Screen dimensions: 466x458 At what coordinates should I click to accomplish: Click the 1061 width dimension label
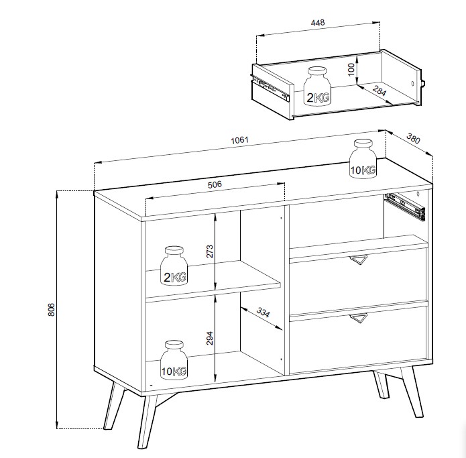[239, 139]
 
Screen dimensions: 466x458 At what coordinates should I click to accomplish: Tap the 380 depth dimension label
[413, 138]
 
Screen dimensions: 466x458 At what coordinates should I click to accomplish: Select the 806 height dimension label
[52, 309]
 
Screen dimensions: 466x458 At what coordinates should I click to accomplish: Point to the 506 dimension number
[215, 184]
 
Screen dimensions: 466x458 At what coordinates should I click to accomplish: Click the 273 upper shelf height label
[210, 251]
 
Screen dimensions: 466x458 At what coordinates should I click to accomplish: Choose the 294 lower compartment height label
[210, 338]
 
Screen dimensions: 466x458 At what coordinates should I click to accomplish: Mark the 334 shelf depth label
[263, 312]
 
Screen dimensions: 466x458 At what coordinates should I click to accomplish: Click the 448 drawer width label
[318, 23]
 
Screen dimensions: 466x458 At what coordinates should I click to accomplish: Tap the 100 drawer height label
[351, 69]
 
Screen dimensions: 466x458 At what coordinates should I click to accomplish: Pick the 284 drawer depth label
[380, 91]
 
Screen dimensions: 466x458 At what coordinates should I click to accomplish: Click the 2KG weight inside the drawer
[317, 87]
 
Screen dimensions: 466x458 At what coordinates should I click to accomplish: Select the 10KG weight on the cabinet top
[363, 159]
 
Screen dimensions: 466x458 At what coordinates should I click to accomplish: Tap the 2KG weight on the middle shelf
[174, 266]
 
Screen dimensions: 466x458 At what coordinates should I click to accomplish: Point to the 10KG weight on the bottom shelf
[174, 360]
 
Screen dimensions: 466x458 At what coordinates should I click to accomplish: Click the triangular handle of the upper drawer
[359, 260]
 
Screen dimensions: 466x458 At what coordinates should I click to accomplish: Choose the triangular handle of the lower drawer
[359, 318]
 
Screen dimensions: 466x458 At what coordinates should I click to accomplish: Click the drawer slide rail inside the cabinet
[406, 207]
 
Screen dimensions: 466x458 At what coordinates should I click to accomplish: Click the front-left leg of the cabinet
[148, 422]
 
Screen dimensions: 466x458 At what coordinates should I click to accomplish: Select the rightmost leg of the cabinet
[412, 392]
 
